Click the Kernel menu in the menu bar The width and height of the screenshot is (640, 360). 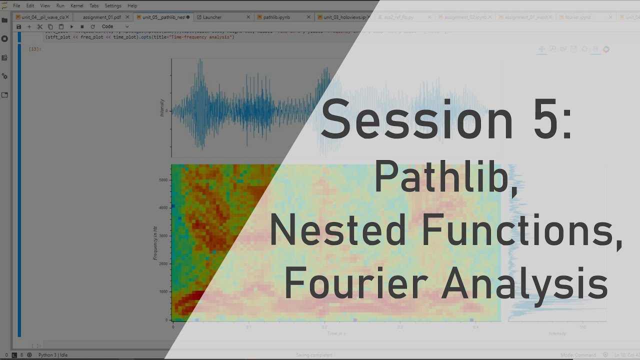77,5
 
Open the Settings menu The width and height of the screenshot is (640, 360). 113,5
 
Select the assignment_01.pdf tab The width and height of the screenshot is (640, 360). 101,17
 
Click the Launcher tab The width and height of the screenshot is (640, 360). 212,17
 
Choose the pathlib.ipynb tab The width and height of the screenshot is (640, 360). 276,17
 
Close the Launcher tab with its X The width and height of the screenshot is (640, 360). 248,17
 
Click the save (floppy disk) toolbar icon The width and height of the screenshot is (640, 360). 19,26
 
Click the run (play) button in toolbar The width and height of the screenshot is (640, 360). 71,26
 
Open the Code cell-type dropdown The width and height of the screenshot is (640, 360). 115,26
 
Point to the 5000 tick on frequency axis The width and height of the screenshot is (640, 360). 164,180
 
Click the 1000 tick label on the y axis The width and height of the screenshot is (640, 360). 164,292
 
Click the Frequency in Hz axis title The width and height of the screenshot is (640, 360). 155,242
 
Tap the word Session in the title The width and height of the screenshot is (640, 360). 416,120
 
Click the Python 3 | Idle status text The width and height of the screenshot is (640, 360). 52,355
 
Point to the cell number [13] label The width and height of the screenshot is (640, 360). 35,49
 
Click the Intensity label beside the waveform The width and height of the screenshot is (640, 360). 162,107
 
